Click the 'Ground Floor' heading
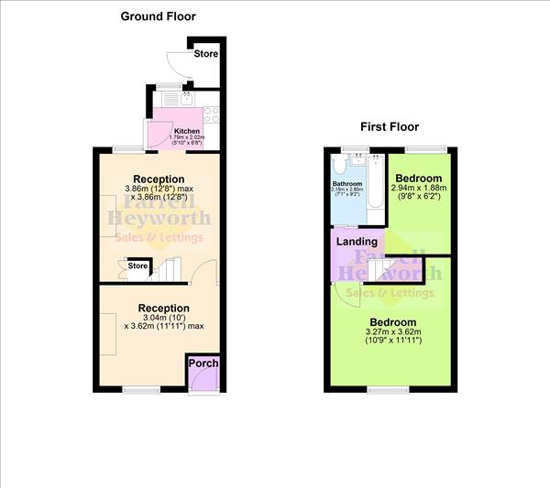pos(159,16)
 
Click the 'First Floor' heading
pos(390,126)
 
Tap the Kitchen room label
pos(187,131)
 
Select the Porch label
pos(203,363)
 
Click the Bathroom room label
pos(347,183)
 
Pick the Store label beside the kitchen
pos(206,54)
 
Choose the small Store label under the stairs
pos(137,266)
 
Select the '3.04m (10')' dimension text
pos(164,319)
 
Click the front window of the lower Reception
pos(137,390)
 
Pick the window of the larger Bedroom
pos(381,390)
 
